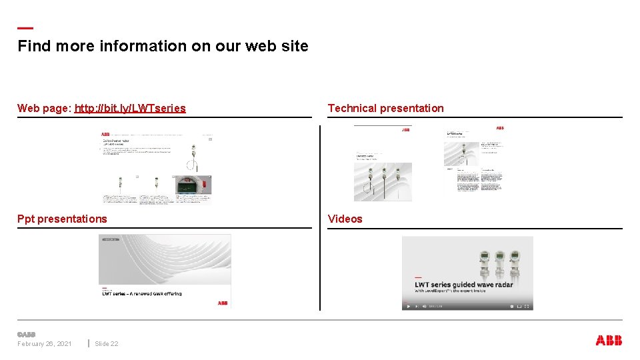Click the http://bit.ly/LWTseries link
tap(130, 108)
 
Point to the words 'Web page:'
tap(45, 108)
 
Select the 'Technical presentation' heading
tap(385, 108)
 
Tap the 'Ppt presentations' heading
tap(62, 219)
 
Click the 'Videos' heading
tap(345, 219)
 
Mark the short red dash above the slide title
tap(25, 28)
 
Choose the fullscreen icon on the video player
tap(527, 307)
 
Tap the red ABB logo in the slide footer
tap(609, 341)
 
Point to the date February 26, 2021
tap(45, 344)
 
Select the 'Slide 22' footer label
tap(107, 344)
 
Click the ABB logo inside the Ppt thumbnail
tap(223, 303)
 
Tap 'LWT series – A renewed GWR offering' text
tap(141, 293)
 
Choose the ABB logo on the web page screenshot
tap(105, 134)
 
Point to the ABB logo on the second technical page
tap(500, 128)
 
